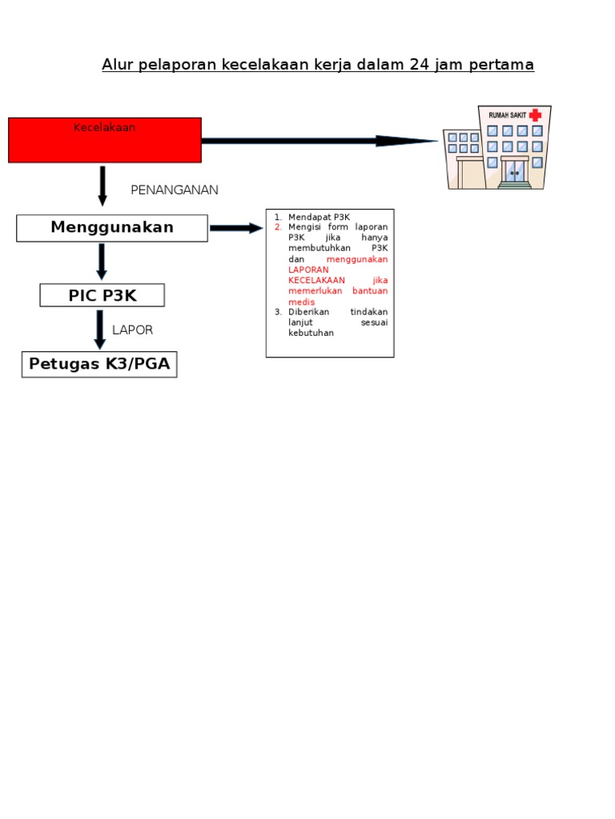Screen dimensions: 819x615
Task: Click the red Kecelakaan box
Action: [104, 140]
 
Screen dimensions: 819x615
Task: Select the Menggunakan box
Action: [112, 228]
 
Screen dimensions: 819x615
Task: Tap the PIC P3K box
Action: [102, 295]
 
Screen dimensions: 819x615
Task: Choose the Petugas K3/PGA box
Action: [99, 365]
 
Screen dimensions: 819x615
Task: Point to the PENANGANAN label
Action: [175, 190]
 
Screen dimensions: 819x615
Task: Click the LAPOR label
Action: [132, 330]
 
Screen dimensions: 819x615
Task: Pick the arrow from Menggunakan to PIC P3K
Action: [102, 262]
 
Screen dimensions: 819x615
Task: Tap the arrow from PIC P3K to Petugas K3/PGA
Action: [100, 329]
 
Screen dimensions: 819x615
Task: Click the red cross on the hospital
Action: [535, 115]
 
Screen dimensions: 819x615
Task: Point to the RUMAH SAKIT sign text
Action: [508, 116]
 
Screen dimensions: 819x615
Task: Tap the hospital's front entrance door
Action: [514, 171]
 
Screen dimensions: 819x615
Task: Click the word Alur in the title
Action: [117, 65]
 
